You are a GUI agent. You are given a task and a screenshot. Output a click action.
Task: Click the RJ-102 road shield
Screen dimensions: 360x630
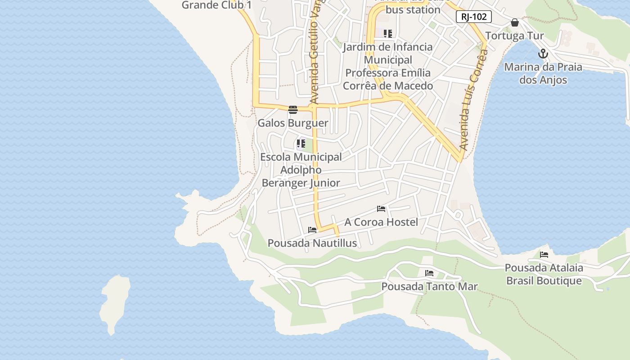click(473, 17)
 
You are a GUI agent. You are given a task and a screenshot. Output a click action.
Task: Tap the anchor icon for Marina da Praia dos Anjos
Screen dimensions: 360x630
click(543, 54)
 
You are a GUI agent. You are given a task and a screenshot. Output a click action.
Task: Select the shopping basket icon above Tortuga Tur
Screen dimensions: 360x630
click(515, 22)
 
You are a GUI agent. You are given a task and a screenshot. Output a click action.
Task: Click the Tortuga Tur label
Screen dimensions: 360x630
click(514, 36)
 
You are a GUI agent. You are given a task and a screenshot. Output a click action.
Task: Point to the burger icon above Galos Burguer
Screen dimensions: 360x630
click(293, 110)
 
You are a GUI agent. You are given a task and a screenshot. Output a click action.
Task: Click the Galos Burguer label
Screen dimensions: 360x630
click(292, 123)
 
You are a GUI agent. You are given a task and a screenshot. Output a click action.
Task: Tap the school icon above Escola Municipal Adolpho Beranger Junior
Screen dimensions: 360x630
click(301, 144)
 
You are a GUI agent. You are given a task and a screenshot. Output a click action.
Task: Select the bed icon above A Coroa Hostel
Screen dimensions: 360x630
click(381, 209)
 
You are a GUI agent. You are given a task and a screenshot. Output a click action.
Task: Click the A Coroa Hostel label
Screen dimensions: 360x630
click(381, 222)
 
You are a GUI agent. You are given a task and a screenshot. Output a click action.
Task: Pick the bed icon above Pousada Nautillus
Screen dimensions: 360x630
click(312, 230)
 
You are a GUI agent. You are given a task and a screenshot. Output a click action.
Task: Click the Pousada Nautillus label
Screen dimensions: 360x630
click(312, 243)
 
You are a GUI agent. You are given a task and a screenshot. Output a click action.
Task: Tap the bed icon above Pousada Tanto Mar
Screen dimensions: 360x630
click(429, 273)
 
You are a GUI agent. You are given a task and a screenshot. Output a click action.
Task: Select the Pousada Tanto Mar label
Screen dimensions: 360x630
click(429, 286)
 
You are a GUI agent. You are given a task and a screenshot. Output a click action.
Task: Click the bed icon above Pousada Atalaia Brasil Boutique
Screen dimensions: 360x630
click(544, 255)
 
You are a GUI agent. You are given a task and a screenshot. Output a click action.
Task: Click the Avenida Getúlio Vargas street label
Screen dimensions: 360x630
click(315, 54)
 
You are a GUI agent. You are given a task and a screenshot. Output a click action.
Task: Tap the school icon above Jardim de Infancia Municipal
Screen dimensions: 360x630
click(387, 34)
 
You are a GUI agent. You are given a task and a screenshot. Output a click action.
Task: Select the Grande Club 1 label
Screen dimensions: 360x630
click(216, 5)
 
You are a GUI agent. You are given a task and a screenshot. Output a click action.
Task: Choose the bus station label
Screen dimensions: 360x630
click(413, 9)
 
